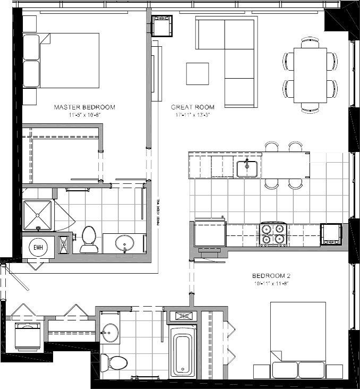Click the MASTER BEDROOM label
(x=84, y=107)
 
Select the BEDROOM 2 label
(x=271, y=276)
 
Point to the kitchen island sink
(x=247, y=168)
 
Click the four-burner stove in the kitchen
(x=273, y=234)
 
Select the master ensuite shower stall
(x=38, y=215)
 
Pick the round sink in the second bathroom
(x=110, y=333)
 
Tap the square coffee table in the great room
(x=198, y=73)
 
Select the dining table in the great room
(x=310, y=75)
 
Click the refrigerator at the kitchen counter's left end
(x=210, y=234)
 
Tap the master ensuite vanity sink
(x=125, y=244)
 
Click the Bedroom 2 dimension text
(x=271, y=284)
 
